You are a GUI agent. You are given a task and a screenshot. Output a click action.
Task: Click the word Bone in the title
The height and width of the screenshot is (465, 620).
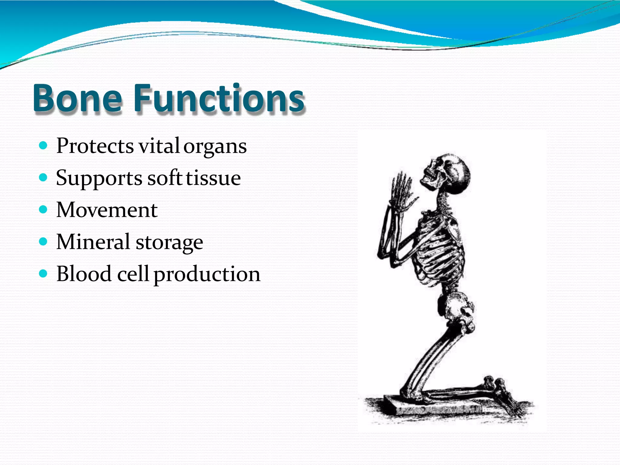[x=77, y=99]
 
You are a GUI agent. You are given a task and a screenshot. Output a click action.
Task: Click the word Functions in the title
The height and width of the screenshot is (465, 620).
[x=219, y=99]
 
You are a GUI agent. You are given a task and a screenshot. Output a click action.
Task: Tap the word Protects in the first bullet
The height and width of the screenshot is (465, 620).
[x=95, y=146]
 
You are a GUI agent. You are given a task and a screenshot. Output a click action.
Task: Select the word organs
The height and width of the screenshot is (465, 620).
[x=215, y=147]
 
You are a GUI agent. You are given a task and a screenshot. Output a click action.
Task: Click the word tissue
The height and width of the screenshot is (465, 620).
[x=213, y=178]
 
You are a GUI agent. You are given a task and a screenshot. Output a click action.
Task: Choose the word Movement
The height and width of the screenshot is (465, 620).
[x=107, y=210]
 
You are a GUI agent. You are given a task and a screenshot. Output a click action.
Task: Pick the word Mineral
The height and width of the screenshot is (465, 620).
[x=93, y=242]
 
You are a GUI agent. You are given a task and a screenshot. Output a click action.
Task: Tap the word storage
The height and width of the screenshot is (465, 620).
[x=169, y=243]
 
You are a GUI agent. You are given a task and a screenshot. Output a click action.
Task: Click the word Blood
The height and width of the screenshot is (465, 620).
[x=84, y=274]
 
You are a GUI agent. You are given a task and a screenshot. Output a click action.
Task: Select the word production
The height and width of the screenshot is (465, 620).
[x=207, y=275]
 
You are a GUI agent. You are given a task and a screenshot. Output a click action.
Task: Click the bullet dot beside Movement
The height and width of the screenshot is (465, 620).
[x=44, y=209]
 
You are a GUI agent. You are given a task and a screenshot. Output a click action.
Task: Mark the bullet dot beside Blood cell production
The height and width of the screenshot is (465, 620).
[x=44, y=274]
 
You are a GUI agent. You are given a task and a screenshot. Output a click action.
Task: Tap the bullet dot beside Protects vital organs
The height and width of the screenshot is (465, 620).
[x=44, y=146]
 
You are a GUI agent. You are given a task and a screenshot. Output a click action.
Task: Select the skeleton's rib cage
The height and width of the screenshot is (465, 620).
[x=439, y=248]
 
